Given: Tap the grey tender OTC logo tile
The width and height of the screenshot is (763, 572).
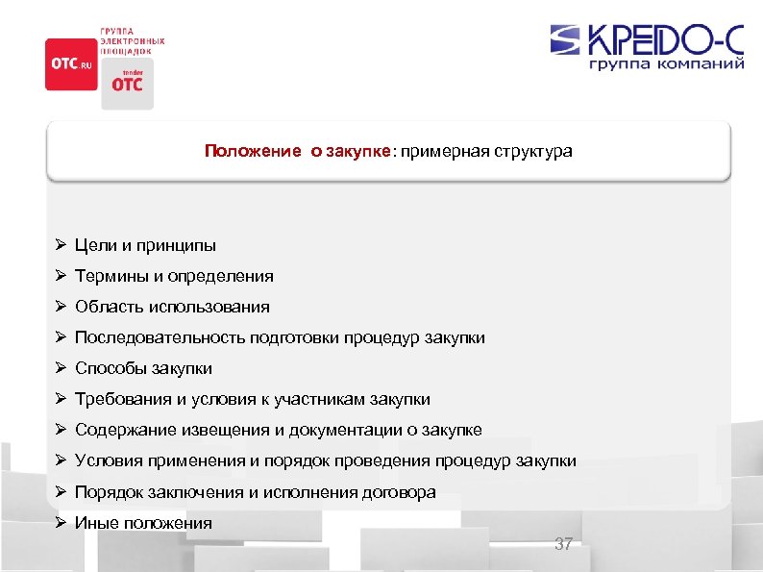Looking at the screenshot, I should [x=127, y=83].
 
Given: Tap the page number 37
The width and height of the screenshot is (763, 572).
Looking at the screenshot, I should [x=563, y=544].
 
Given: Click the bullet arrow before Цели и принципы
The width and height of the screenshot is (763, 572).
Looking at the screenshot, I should [x=60, y=245].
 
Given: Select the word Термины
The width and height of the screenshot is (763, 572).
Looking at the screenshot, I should [x=108, y=276].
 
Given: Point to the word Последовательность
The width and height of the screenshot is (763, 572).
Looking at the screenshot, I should [x=160, y=337].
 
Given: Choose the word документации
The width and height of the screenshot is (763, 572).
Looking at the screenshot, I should [x=350, y=430].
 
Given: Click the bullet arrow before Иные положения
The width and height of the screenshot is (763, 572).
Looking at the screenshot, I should [x=60, y=522].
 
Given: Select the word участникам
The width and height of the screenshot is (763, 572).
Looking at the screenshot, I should [x=314, y=399].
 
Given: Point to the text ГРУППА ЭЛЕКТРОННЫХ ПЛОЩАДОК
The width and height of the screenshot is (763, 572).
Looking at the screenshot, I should [x=133, y=41].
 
